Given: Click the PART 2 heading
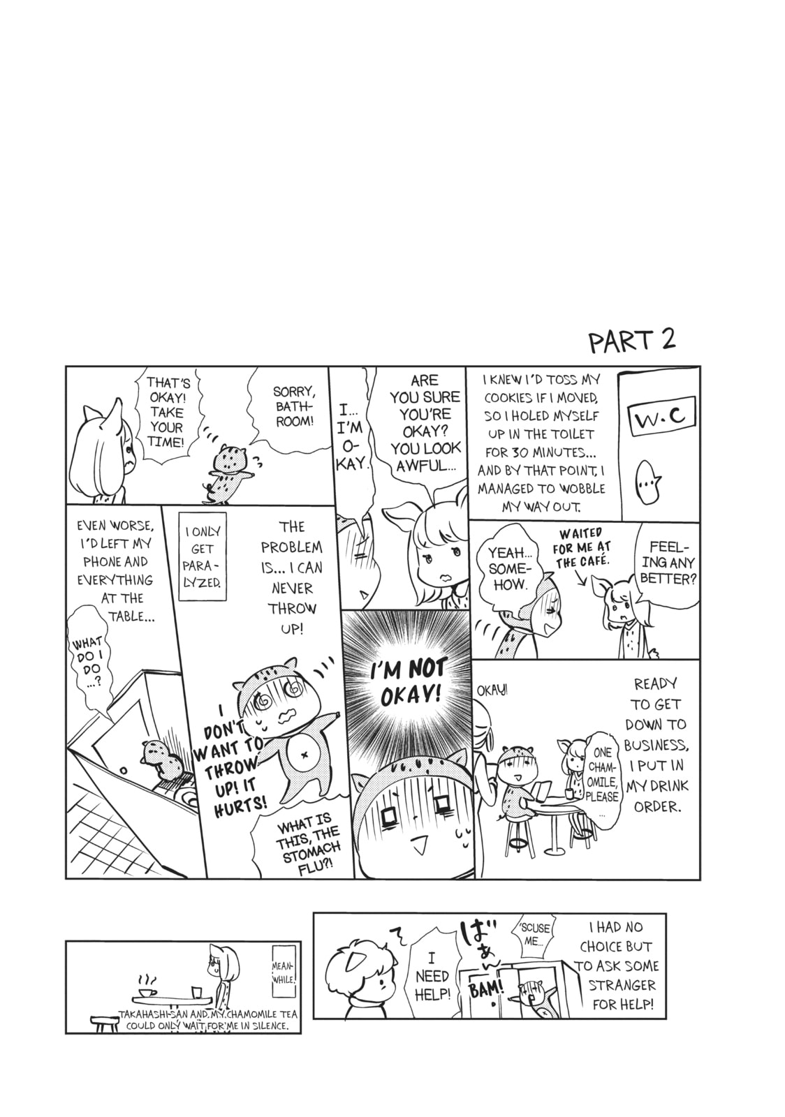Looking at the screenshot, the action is click(632, 341).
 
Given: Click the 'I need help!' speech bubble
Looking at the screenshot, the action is click(432, 976).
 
